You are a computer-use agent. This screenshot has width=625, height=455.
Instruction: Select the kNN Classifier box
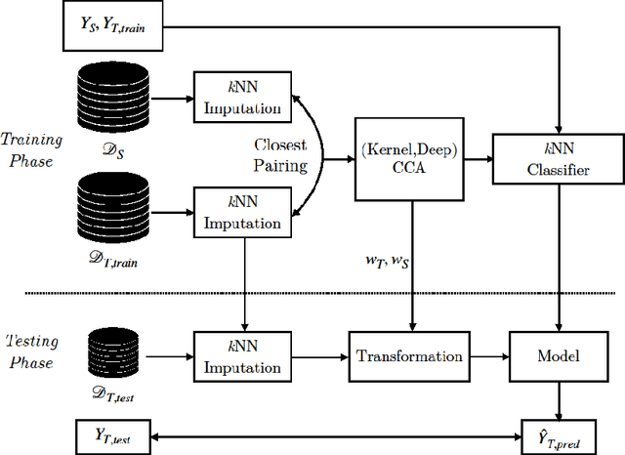click(558, 157)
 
